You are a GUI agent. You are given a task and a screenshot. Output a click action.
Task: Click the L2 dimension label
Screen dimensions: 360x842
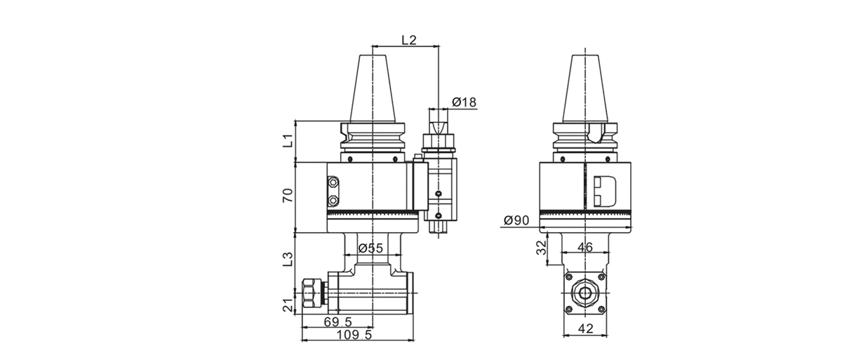click(408, 41)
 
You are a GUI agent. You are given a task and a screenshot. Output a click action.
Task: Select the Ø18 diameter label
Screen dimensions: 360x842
click(464, 102)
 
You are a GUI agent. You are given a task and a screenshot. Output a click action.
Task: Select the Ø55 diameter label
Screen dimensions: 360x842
click(370, 248)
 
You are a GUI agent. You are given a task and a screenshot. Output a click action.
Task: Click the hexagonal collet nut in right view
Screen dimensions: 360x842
click(584, 292)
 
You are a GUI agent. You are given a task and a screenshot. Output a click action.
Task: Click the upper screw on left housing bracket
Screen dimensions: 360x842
click(333, 184)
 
